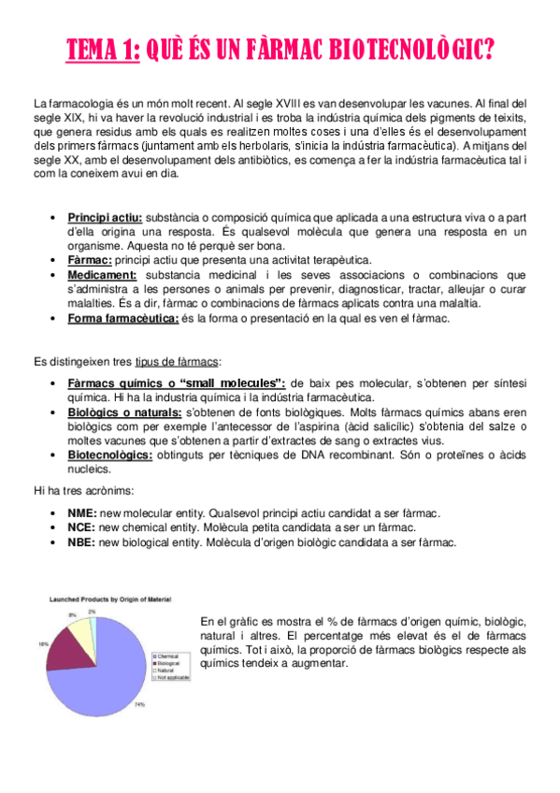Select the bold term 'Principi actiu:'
point(105,218)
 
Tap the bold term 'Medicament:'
point(102,275)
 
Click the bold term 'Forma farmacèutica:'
point(123,318)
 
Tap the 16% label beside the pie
point(43,643)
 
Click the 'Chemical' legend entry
point(168,656)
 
